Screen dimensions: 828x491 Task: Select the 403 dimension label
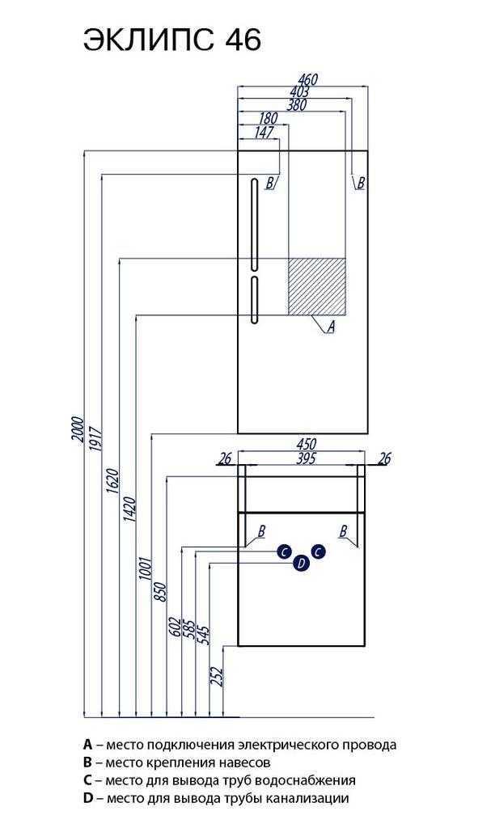(298, 92)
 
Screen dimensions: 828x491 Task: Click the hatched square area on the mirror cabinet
(317, 285)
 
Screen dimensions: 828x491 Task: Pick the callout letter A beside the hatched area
(330, 327)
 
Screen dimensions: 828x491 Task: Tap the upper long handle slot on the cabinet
(254, 222)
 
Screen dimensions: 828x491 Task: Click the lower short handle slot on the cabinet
(254, 301)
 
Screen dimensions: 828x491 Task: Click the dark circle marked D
(301, 564)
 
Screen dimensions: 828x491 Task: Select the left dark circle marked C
(283, 551)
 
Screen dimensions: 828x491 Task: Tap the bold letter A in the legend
(87, 744)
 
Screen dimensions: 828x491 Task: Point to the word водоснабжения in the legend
(311, 780)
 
